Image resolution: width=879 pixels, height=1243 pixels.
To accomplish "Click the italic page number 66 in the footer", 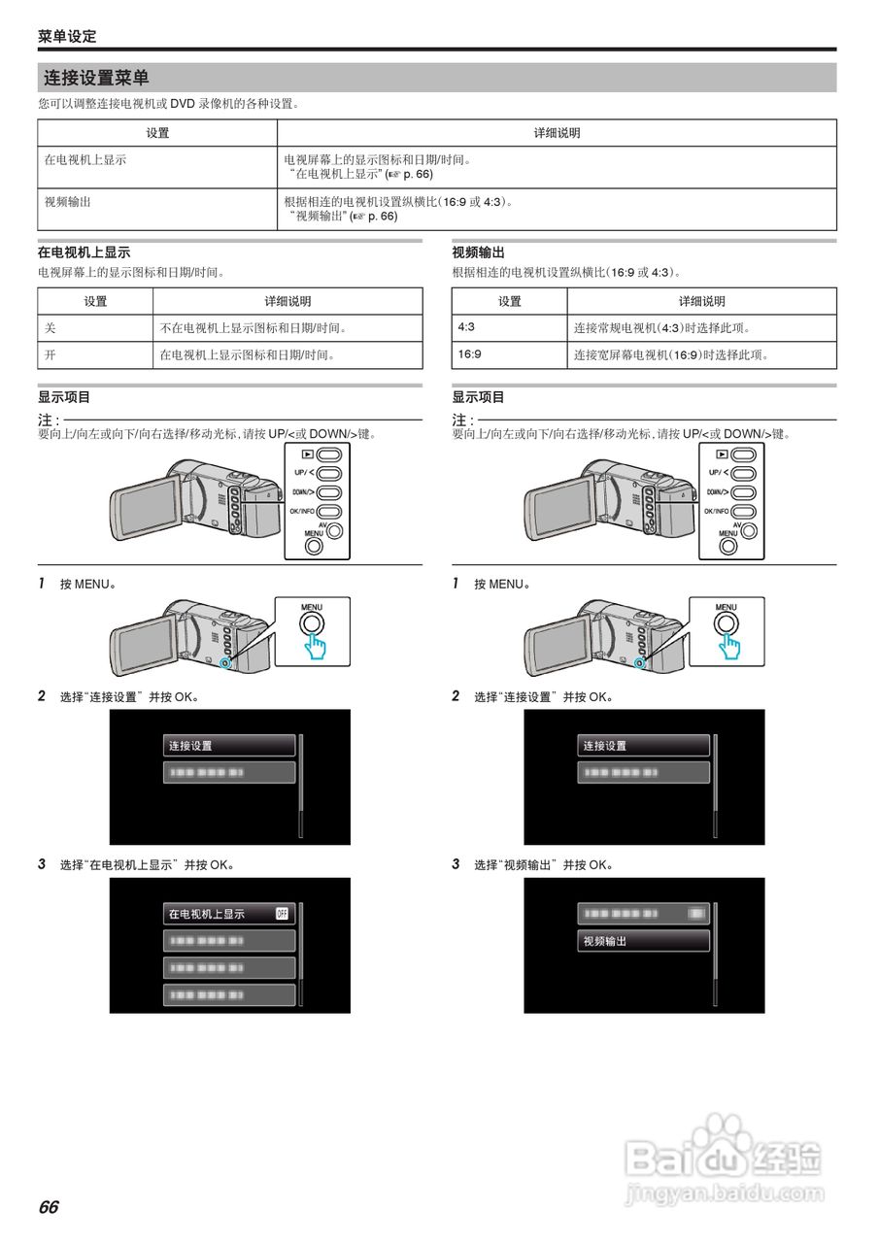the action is coord(49,1207).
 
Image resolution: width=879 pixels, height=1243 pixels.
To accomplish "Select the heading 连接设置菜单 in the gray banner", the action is coord(96,78).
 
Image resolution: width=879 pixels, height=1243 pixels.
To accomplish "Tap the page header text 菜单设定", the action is coord(67,37).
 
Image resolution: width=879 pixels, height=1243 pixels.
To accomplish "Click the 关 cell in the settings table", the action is coord(51,328).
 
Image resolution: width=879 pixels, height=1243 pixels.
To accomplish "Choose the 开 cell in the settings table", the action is coord(51,355).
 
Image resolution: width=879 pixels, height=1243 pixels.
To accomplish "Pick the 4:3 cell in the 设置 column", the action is coord(466,327).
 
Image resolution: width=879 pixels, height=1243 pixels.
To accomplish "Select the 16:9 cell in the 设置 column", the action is coord(469,354).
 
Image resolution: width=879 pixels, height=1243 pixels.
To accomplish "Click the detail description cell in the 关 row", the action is coord(254,328).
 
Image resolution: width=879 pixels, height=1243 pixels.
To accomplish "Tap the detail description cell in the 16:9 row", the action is coord(671,355).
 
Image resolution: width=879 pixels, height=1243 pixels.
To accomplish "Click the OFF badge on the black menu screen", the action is coord(283,914).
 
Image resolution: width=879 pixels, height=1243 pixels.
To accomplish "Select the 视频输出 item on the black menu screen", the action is coord(604,941).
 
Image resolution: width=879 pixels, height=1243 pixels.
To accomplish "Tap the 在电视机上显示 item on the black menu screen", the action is coord(207,914).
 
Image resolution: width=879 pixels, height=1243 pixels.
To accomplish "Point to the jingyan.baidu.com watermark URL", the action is coord(724,1192).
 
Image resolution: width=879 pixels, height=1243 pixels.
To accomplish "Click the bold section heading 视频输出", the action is coord(479,252).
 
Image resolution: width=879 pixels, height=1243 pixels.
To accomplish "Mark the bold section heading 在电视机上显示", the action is coord(84,252).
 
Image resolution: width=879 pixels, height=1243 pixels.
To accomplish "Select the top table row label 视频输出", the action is coord(68,202).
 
